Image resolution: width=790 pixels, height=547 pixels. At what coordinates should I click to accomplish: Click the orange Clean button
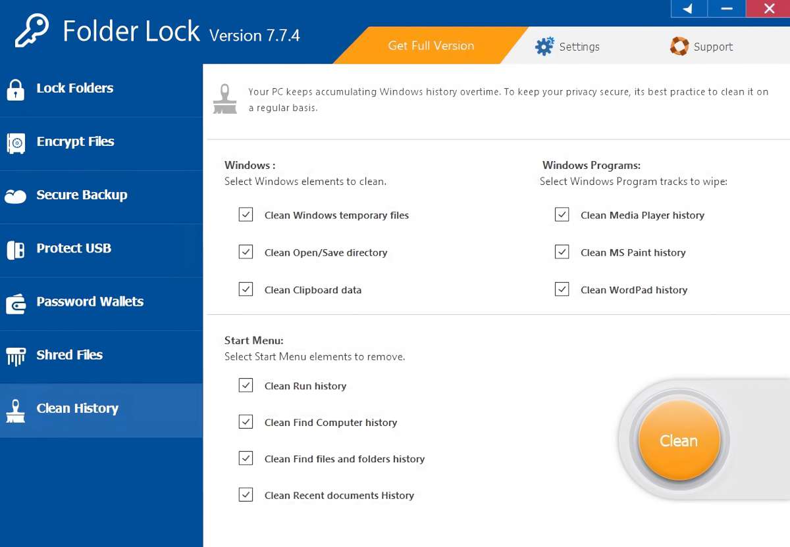(x=679, y=440)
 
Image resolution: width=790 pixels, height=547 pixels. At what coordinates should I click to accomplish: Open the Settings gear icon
(x=544, y=47)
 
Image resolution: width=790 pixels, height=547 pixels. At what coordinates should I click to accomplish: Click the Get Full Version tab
(x=431, y=45)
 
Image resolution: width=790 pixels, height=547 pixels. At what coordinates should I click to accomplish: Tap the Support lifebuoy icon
(x=679, y=46)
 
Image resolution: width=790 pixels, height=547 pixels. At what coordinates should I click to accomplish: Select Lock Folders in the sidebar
(x=74, y=88)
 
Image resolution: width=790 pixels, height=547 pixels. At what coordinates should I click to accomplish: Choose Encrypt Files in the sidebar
(x=75, y=141)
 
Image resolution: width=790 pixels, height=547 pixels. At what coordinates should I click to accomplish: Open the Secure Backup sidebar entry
(x=82, y=195)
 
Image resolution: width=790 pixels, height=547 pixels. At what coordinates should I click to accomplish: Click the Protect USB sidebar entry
(x=74, y=248)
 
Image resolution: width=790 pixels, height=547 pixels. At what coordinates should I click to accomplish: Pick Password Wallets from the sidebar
(x=90, y=301)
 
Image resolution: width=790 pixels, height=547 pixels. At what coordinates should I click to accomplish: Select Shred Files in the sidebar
(x=69, y=354)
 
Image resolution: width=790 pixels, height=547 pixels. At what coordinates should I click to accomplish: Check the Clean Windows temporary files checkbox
(x=246, y=215)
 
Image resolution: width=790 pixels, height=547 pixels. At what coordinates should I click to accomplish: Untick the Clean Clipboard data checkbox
(x=246, y=289)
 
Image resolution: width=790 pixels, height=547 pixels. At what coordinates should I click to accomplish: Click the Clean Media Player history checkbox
(x=562, y=215)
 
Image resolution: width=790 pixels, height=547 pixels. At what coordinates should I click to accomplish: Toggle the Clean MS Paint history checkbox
(x=562, y=252)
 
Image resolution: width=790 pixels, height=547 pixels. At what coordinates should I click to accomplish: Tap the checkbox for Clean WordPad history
(x=562, y=289)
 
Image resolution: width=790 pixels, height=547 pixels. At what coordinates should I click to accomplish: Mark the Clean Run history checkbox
(x=246, y=385)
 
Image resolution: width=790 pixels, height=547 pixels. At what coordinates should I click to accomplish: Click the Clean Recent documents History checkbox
(x=246, y=494)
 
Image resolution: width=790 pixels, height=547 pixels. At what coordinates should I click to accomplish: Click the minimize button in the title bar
(x=727, y=9)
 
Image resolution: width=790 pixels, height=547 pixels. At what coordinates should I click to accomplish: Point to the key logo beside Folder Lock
(x=32, y=31)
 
